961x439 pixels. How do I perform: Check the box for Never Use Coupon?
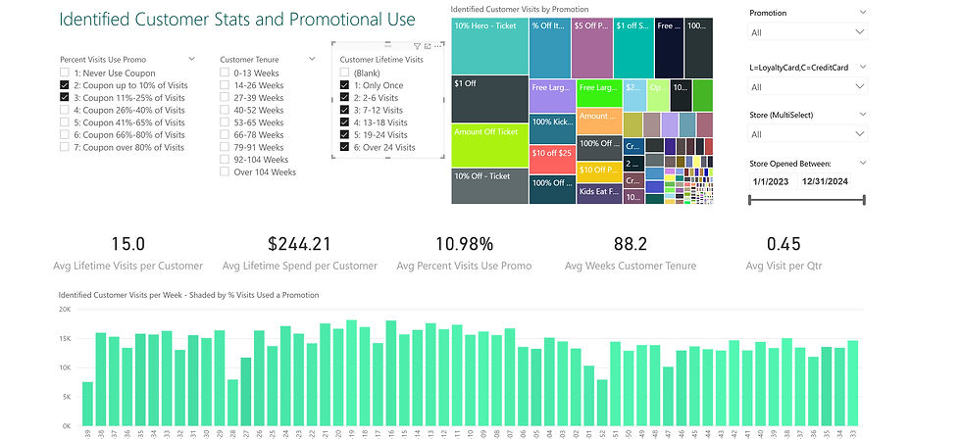tap(64, 73)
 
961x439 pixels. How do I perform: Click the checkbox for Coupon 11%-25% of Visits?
tap(64, 98)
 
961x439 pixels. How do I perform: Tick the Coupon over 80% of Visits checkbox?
tap(64, 148)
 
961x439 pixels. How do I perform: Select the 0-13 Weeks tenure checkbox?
tap(225, 73)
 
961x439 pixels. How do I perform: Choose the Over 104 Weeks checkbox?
tap(225, 172)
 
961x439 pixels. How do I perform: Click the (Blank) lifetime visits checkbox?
tap(344, 73)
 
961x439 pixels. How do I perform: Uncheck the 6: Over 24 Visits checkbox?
tap(344, 147)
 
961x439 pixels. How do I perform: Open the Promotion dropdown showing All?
tap(807, 32)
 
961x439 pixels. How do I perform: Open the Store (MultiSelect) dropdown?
tap(807, 133)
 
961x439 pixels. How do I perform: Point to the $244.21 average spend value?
tap(299, 244)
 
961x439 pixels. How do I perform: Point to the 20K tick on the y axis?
tap(65, 310)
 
